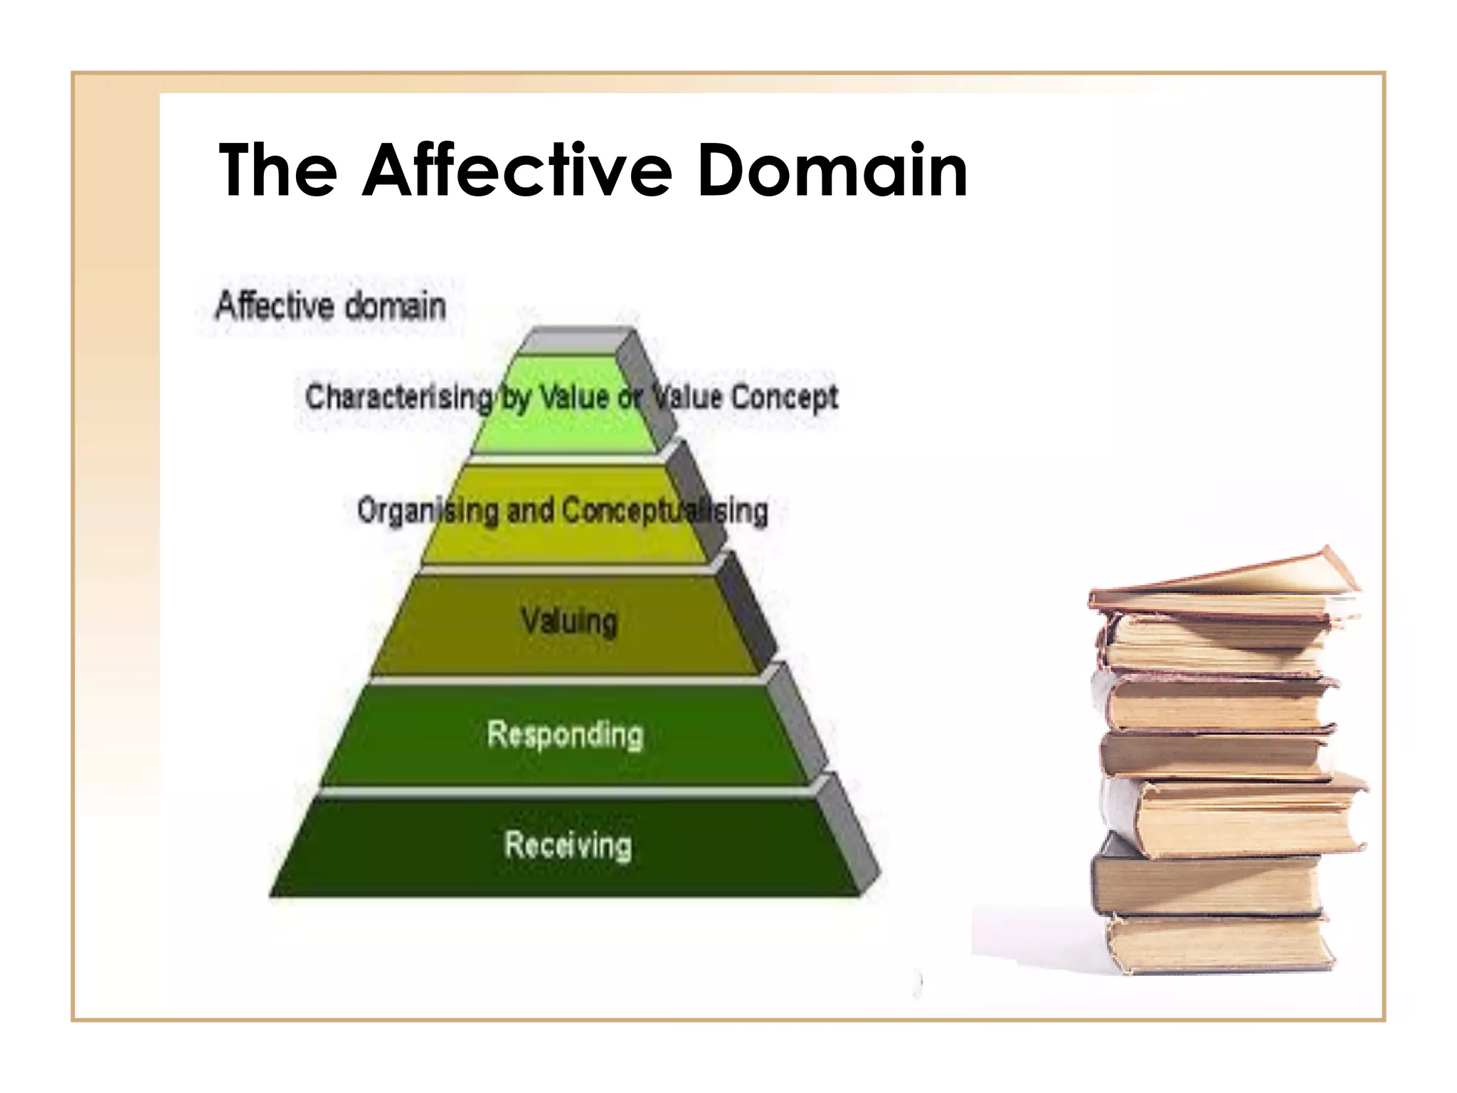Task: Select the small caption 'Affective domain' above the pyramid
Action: (x=331, y=306)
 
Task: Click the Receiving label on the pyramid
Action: (x=568, y=845)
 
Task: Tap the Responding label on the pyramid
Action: (x=565, y=734)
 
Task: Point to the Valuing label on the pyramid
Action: (x=569, y=621)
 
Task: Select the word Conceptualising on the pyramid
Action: (x=665, y=510)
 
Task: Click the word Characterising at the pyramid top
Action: (x=398, y=396)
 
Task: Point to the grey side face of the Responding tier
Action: (x=797, y=722)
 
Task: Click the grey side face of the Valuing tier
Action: (x=746, y=612)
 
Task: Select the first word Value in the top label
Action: (x=574, y=396)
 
